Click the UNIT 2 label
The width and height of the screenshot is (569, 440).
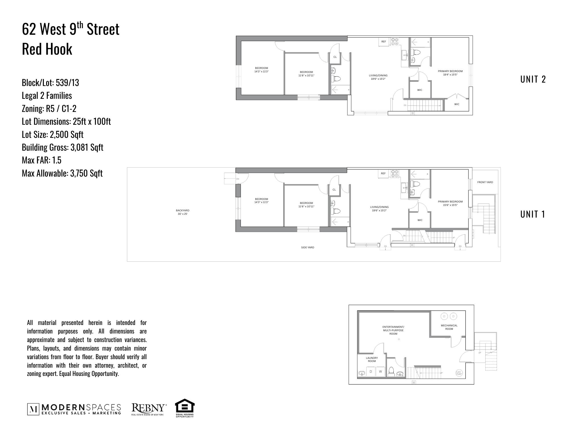(533, 79)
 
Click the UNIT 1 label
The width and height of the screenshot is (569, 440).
(533, 214)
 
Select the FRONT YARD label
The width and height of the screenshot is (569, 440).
(485, 182)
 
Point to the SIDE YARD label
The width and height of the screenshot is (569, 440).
(307, 247)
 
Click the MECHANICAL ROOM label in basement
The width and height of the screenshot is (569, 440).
(449, 327)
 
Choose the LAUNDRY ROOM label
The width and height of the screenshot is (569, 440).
(372, 359)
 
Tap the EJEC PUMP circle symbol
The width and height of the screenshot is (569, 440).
(459, 373)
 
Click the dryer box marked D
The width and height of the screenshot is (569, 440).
(371, 372)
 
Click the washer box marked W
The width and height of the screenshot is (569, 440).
(380, 372)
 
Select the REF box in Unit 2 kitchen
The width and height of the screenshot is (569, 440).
(384, 42)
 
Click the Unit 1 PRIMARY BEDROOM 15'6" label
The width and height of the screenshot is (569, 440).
(450, 203)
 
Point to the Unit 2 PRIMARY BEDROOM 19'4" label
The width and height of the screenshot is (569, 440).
(450, 73)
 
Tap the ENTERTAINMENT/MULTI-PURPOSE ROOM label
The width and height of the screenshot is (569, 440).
(393, 330)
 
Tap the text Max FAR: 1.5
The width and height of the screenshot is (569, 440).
(42, 160)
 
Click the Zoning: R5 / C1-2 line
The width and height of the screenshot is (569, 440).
(49, 109)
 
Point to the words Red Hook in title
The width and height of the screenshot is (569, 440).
(47, 49)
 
